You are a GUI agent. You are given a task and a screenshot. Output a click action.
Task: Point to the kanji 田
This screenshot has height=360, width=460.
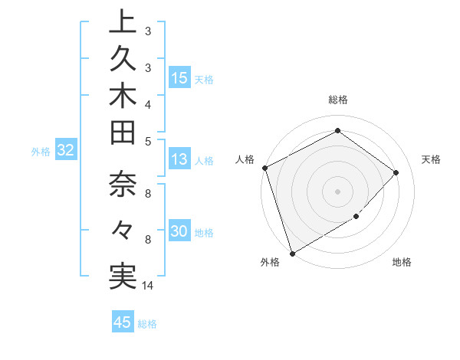[123, 137]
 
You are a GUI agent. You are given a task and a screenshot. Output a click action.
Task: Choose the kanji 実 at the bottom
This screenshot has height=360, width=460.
[123, 275]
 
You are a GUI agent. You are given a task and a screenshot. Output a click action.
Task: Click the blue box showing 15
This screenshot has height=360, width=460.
[179, 77]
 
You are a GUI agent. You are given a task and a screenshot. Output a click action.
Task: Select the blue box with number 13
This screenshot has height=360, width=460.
[179, 159]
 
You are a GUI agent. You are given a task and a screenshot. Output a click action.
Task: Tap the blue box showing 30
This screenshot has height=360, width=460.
[179, 231]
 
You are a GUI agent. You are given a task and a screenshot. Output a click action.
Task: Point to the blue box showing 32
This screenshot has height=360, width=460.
[66, 150]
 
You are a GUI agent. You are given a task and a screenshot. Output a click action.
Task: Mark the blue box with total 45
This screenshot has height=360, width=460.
[123, 322]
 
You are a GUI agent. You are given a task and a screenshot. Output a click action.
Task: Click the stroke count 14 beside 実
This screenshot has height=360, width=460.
[148, 286]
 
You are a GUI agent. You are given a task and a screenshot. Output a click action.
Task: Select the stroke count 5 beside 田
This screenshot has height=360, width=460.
[148, 140]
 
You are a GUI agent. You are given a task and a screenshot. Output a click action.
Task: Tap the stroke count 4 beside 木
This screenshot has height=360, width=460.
[148, 103]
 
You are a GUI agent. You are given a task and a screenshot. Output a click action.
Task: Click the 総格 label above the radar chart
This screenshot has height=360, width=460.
[337, 100]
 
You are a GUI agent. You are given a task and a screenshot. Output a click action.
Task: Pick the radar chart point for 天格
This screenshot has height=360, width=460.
[396, 172]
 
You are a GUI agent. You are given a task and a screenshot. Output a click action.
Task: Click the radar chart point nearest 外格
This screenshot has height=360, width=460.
[292, 253]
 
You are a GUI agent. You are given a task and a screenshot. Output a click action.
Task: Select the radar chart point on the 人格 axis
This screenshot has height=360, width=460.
[264, 168]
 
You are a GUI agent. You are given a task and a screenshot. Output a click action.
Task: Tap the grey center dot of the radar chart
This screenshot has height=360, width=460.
[337, 191]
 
